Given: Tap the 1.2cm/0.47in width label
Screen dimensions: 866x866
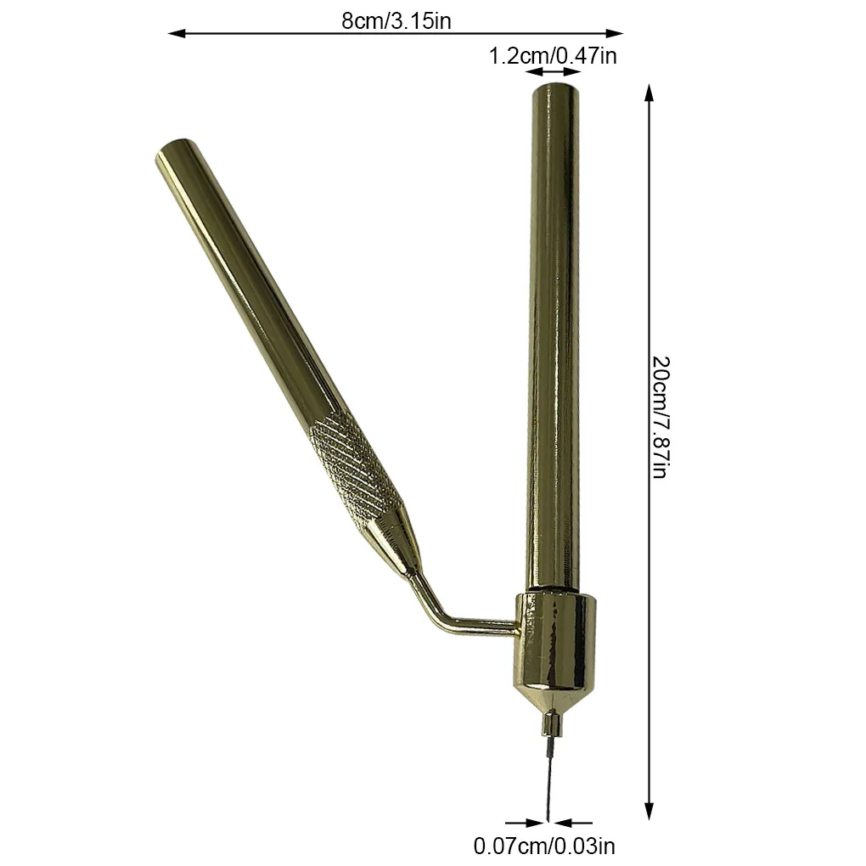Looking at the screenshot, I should click(x=552, y=57).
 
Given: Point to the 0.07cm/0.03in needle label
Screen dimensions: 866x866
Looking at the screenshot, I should click(x=544, y=846).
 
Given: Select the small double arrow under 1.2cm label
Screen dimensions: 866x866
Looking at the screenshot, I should click(x=553, y=74).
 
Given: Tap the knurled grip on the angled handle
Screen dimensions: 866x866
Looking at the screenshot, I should click(x=352, y=463).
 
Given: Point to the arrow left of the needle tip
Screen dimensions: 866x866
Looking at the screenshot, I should click(x=522, y=822).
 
